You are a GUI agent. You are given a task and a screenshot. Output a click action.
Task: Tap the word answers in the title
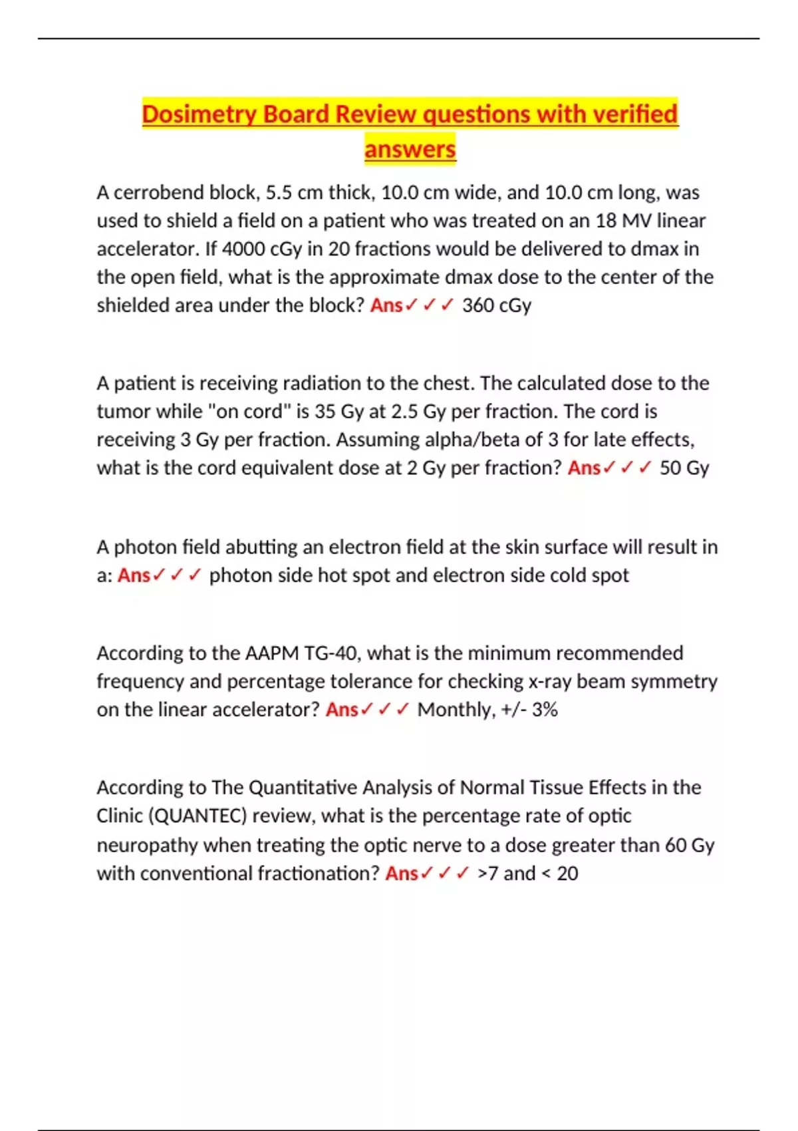tap(410, 149)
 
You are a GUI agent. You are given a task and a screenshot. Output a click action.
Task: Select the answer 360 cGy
tap(497, 305)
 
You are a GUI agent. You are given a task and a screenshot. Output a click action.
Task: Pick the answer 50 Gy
tap(684, 468)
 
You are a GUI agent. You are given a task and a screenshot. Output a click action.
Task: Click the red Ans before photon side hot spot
tap(134, 575)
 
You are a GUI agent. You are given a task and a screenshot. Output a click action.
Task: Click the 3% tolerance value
tap(545, 710)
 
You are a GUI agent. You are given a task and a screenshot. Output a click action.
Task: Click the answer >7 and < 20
tap(527, 874)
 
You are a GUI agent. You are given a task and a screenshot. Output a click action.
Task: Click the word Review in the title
tap(376, 114)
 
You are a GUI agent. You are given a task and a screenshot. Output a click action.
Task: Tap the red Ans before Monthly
tap(342, 710)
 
